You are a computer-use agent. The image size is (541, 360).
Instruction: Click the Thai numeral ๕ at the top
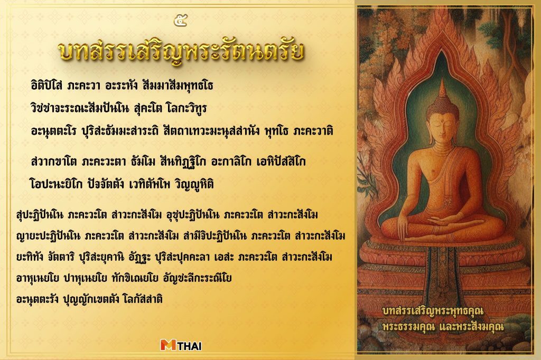click(x=180, y=21)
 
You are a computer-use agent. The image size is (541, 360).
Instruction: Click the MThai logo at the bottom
click(x=181, y=346)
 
